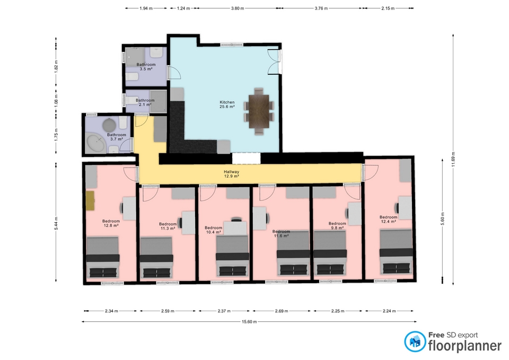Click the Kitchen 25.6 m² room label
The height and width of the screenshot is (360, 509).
click(x=227, y=104)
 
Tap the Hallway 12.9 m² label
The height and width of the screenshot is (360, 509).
click(x=232, y=174)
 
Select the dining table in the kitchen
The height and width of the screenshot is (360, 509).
click(x=259, y=111)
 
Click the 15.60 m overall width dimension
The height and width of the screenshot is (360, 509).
click(x=249, y=322)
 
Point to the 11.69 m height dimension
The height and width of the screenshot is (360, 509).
click(x=453, y=159)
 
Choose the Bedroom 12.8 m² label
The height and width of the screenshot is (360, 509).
click(x=111, y=223)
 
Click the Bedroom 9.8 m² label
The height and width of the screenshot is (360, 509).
click(x=337, y=226)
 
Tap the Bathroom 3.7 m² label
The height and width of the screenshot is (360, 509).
click(x=116, y=137)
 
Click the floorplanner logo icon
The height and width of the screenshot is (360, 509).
click(x=415, y=341)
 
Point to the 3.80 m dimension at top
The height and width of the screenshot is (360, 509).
click(x=238, y=8)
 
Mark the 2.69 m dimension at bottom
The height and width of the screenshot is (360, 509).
click(x=282, y=311)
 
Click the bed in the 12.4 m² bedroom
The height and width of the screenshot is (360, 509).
click(x=397, y=252)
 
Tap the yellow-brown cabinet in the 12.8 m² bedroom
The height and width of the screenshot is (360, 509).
click(x=90, y=201)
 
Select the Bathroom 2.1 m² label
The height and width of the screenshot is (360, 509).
click(x=145, y=102)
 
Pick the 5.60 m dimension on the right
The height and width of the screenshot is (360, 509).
click(x=442, y=221)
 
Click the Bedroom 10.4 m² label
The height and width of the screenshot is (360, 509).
click(x=213, y=230)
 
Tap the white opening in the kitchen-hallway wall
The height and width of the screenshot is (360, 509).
click(x=247, y=159)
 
